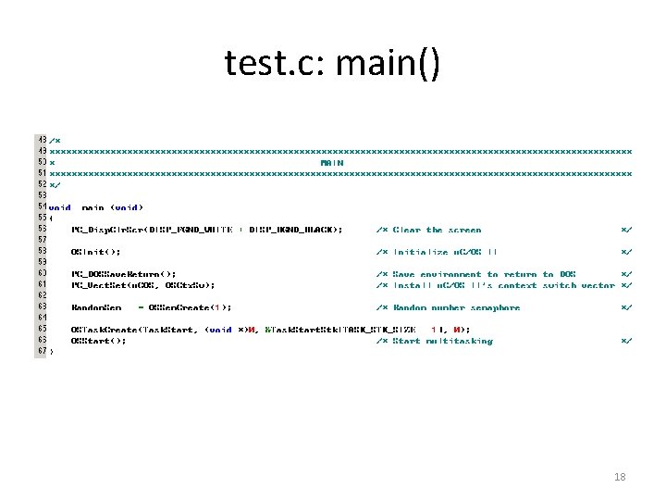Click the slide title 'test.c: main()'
click(x=333, y=63)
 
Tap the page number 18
click(x=620, y=476)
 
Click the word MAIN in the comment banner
click(x=332, y=162)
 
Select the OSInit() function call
click(x=95, y=251)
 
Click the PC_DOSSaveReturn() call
click(x=123, y=274)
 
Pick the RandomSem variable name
click(x=95, y=307)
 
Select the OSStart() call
click(x=98, y=341)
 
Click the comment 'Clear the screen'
click(x=438, y=229)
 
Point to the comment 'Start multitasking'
click(x=443, y=341)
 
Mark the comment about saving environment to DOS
click(x=485, y=274)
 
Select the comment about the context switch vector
click(x=504, y=285)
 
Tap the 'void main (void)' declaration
click(x=96, y=207)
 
